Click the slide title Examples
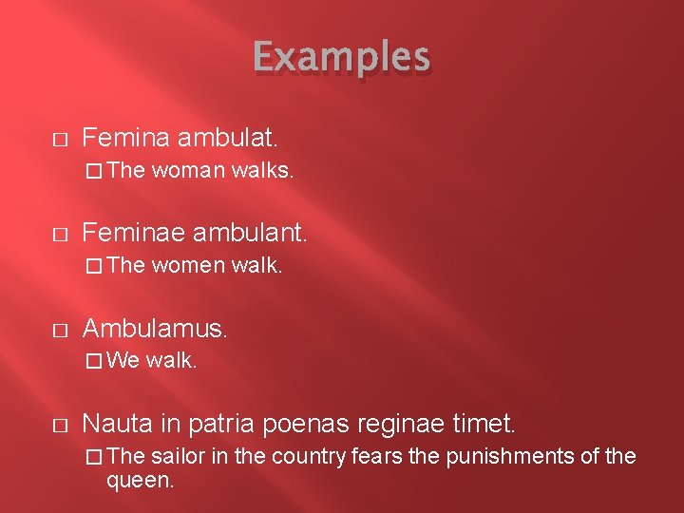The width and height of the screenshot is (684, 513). [x=341, y=58]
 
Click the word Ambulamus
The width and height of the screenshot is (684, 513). [x=156, y=328]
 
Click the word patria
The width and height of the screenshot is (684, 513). [x=224, y=423]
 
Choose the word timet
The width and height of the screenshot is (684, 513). [x=486, y=423]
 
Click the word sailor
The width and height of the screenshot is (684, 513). [x=177, y=456]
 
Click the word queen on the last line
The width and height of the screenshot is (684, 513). [x=141, y=481]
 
